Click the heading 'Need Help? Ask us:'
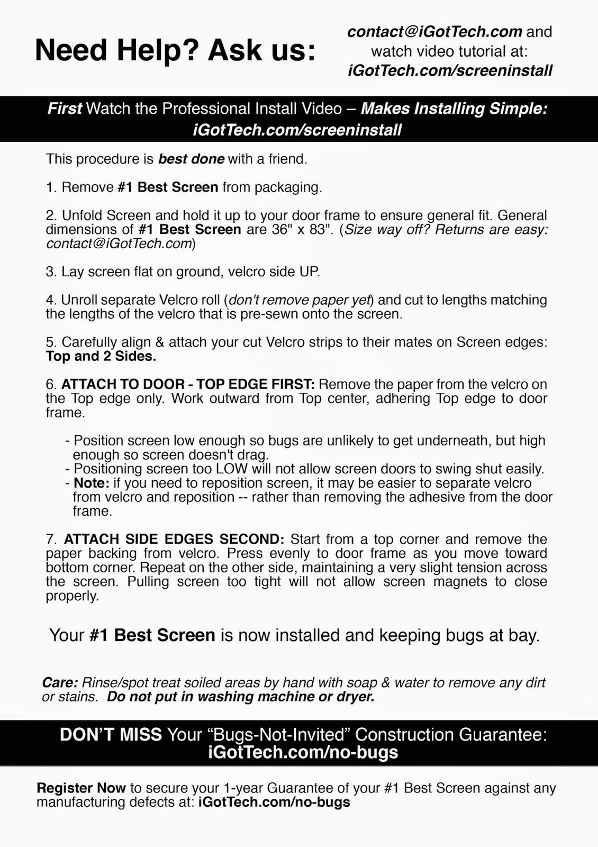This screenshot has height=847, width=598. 175,51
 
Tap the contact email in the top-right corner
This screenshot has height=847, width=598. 434,32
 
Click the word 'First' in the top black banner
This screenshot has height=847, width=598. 65,109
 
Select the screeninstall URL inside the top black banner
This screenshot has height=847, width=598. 297,130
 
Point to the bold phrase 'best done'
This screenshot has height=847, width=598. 191,159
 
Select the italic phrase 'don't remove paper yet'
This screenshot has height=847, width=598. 300,300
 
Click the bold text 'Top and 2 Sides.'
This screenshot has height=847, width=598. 101,356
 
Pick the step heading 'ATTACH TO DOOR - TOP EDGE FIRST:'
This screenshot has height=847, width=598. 188,384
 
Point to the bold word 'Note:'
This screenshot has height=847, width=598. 92,483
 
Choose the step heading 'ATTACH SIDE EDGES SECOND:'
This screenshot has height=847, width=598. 174,539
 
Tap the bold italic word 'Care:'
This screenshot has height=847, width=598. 60,683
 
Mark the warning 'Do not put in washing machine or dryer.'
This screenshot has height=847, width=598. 240,697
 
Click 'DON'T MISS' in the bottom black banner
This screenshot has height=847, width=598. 111,735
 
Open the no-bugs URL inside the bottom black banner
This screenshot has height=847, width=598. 303,752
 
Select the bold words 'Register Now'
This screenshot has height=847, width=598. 81,788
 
